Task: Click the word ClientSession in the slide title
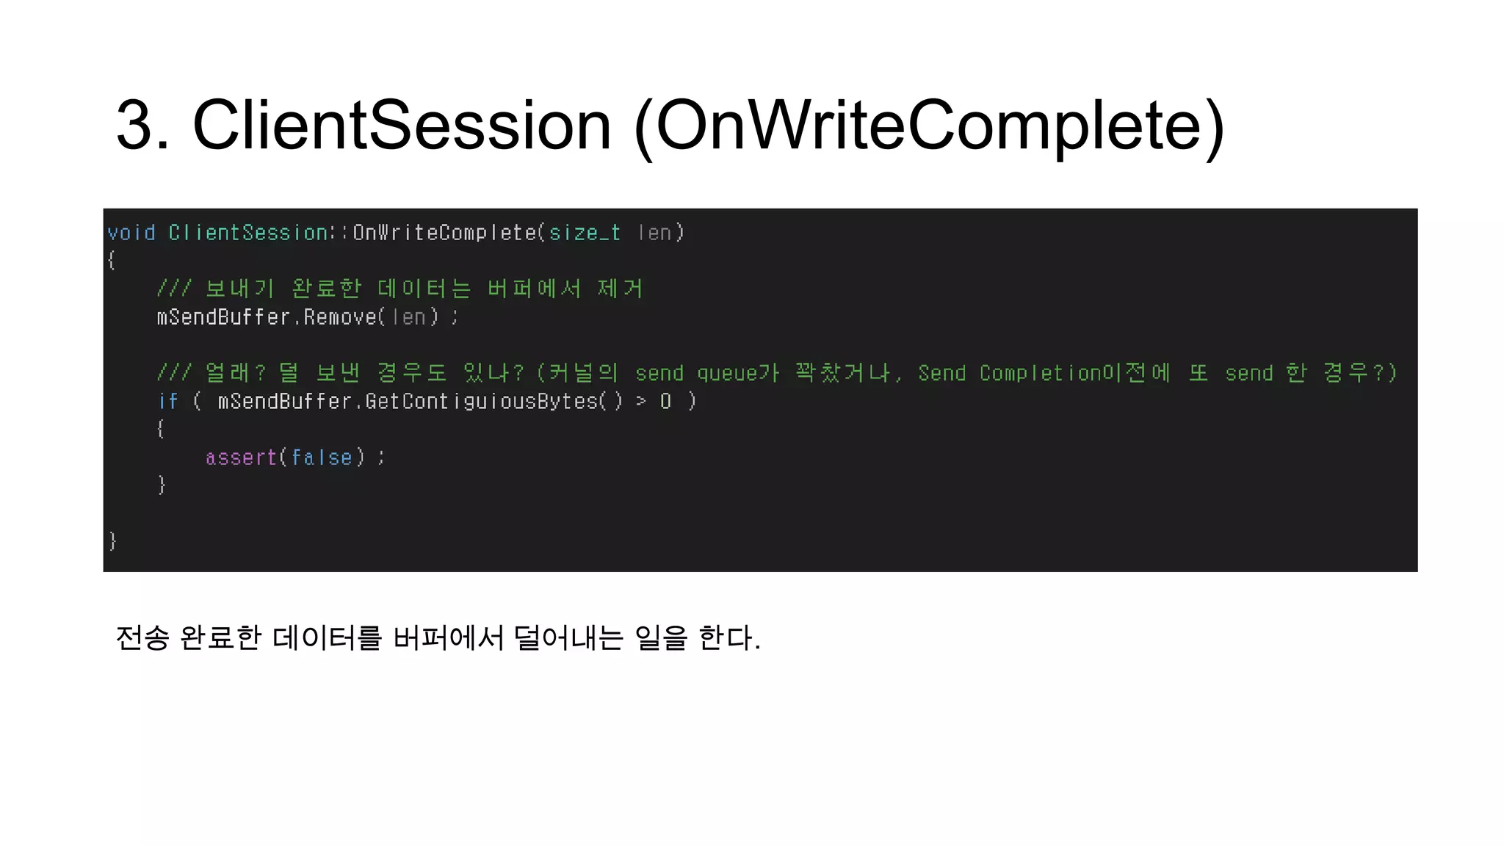point(402,126)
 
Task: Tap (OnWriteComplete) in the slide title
point(929,126)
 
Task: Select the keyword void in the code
point(131,233)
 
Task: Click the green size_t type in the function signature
point(585,233)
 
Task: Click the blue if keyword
point(167,401)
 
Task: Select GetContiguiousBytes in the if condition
point(481,401)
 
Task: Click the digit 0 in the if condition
point(665,401)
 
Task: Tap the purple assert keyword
point(241,458)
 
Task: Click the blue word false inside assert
point(322,458)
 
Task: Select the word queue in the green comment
point(725,373)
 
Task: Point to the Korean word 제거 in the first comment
point(621,289)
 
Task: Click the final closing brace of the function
point(112,541)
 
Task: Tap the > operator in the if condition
point(641,401)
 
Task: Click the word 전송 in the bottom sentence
point(142,637)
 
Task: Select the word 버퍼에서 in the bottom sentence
point(448,637)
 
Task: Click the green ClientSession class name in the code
point(247,233)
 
